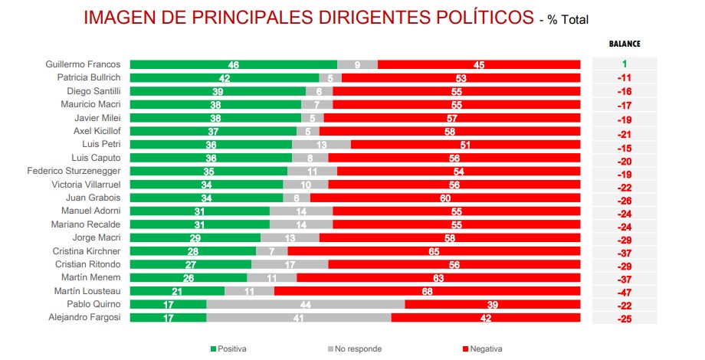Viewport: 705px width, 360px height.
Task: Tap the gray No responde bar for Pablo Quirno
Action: [x=306, y=304]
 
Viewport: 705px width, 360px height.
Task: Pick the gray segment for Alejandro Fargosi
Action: [x=299, y=317]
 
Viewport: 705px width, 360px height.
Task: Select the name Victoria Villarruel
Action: [x=86, y=185]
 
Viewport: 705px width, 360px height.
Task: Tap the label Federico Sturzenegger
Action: [x=74, y=171]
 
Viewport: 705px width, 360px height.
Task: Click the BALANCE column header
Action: [x=625, y=44]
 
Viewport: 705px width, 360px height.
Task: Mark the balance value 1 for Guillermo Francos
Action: [x=625, y=64]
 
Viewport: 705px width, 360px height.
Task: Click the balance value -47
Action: [x=625, y=292]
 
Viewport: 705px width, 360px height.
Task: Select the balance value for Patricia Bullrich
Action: [x=625, y=78]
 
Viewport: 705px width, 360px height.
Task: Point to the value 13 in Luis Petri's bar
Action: [x=321, y=145]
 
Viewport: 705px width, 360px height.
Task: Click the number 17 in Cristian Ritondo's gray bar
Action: [x=290, y=264]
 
